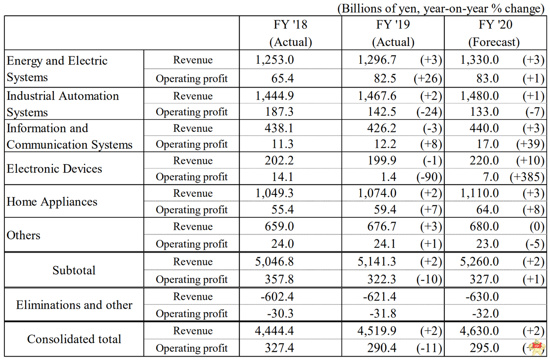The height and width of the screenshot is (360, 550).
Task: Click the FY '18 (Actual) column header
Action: click(290, 33)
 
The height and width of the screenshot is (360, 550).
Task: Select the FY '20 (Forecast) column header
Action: click(494, 33)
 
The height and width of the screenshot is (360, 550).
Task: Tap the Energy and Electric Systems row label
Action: click(57, 69)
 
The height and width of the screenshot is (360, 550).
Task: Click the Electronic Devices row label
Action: click(55, 168)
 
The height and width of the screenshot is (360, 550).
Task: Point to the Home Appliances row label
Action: click(52, 201)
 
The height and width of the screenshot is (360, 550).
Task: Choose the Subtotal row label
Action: click(74, 270)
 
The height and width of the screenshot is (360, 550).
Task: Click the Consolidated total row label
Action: click(74, 339)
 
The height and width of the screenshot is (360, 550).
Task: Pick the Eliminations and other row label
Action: click(74, 305)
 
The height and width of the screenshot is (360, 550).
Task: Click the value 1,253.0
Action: click(275, 60)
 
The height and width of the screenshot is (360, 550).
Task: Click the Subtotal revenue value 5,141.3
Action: click(377, 262)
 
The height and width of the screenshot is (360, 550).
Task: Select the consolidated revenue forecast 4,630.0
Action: click(480, 331)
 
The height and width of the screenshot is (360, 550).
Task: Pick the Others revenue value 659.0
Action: click(280, 226)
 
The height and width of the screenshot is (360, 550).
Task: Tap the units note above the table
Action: click(441, 8)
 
